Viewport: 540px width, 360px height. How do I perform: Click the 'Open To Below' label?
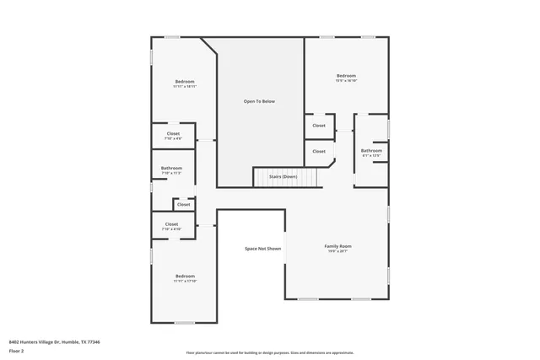point(259,101)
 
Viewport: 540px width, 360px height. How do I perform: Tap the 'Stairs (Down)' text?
point(283,176)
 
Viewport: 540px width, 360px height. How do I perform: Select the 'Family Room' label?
point(337,246)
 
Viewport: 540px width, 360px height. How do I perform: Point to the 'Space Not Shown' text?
point(262,249)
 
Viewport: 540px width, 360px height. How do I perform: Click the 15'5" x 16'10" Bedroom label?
point(346,76)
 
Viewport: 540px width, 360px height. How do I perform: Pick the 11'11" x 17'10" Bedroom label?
point(185,277)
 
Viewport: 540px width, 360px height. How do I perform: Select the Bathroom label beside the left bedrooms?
point(171,168)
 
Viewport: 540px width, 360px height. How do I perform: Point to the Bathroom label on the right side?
point(371,151)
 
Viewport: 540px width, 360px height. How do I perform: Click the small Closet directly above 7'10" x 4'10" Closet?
point(183,204)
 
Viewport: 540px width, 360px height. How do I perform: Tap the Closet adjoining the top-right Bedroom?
point(318,126)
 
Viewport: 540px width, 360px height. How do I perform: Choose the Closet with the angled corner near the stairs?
point(318,152)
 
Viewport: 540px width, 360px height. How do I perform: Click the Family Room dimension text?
point(337,251)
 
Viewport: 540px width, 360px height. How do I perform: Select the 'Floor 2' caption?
point(17,351)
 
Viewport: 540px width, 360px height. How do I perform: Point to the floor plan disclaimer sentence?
point(269,352)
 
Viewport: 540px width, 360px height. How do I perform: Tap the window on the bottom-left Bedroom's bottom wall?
point(184,323)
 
